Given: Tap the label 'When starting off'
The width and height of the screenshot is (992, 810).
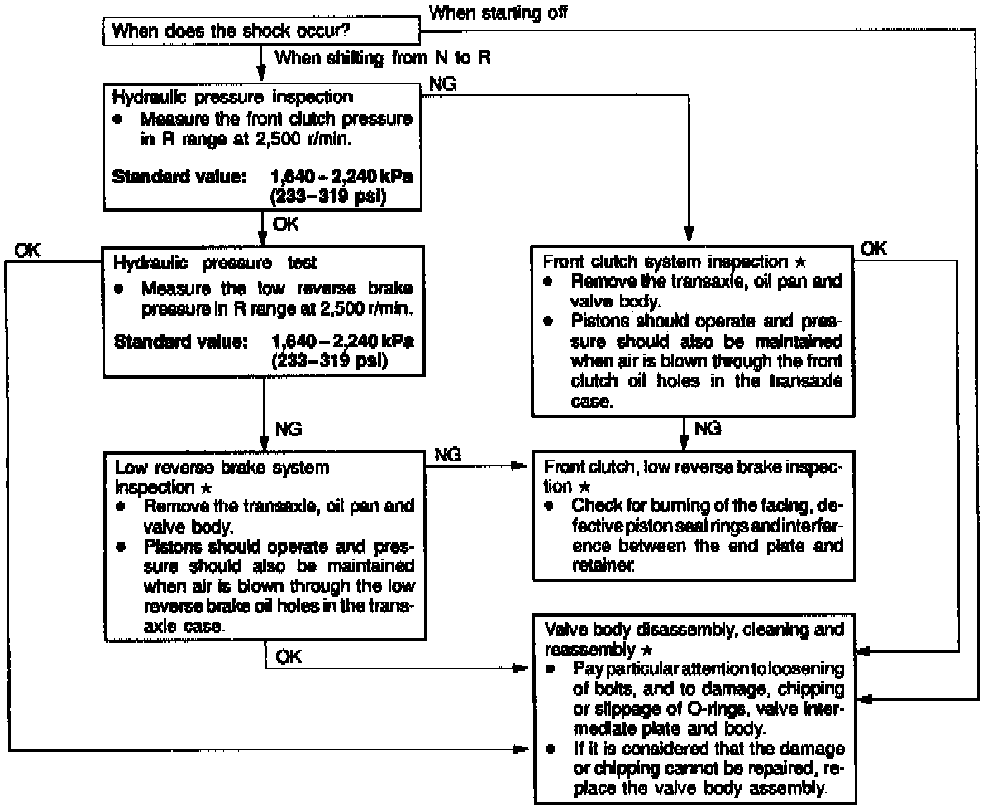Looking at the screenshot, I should pos(498,12).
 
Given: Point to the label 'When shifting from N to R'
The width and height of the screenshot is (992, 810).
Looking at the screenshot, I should pos(386,59).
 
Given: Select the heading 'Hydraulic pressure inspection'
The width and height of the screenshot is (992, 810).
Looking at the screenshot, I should pos(222,96).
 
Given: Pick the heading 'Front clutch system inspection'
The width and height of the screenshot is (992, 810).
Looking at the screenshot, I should pos(667,262).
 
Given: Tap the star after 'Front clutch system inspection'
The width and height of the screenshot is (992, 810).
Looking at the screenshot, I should pos(800,262).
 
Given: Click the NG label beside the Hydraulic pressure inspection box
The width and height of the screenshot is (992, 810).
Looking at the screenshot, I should pos(443,84).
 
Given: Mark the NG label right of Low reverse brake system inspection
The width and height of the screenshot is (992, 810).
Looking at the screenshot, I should pos(447,454).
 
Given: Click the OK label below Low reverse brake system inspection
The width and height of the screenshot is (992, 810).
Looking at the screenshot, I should pos(290,656).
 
